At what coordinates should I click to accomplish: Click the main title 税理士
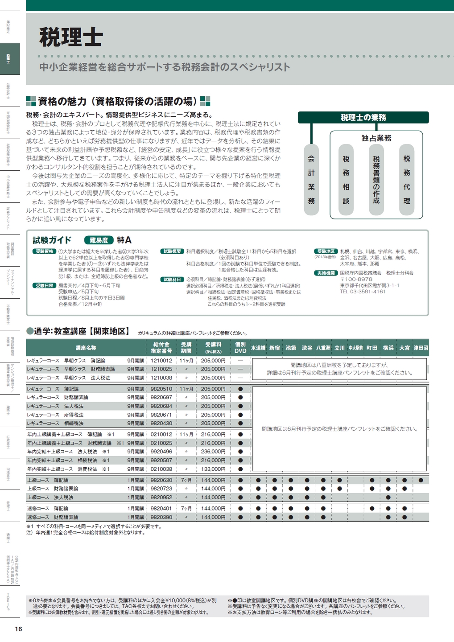point(71,37)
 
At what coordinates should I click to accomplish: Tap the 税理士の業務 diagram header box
point(363,118)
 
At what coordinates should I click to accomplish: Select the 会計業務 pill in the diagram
point(311,179)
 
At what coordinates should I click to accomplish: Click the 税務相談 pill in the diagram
point(346,179)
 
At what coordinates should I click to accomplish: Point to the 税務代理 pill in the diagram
point(407,179)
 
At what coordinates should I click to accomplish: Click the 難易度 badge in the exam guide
point(99,240)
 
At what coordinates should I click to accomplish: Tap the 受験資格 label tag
point(45,251)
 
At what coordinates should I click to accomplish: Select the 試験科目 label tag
point(172,280)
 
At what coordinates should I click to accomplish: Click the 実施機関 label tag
point(326,273)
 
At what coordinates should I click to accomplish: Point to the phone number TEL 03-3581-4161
point(363,292)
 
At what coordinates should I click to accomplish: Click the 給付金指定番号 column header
point(161,348)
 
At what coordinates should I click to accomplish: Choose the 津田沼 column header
point(421,348)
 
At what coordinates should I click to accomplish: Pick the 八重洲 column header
point(323,348)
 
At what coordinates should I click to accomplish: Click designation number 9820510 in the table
point(161,389)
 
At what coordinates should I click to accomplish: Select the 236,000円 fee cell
point(213,452)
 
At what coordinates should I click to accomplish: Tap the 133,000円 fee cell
point(213,469)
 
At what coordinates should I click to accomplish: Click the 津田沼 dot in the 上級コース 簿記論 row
point(421,480)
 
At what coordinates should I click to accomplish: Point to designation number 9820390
point(161,517)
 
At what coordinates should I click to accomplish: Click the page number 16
point(18,629)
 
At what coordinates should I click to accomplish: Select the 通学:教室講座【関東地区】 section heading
point(78,331)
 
